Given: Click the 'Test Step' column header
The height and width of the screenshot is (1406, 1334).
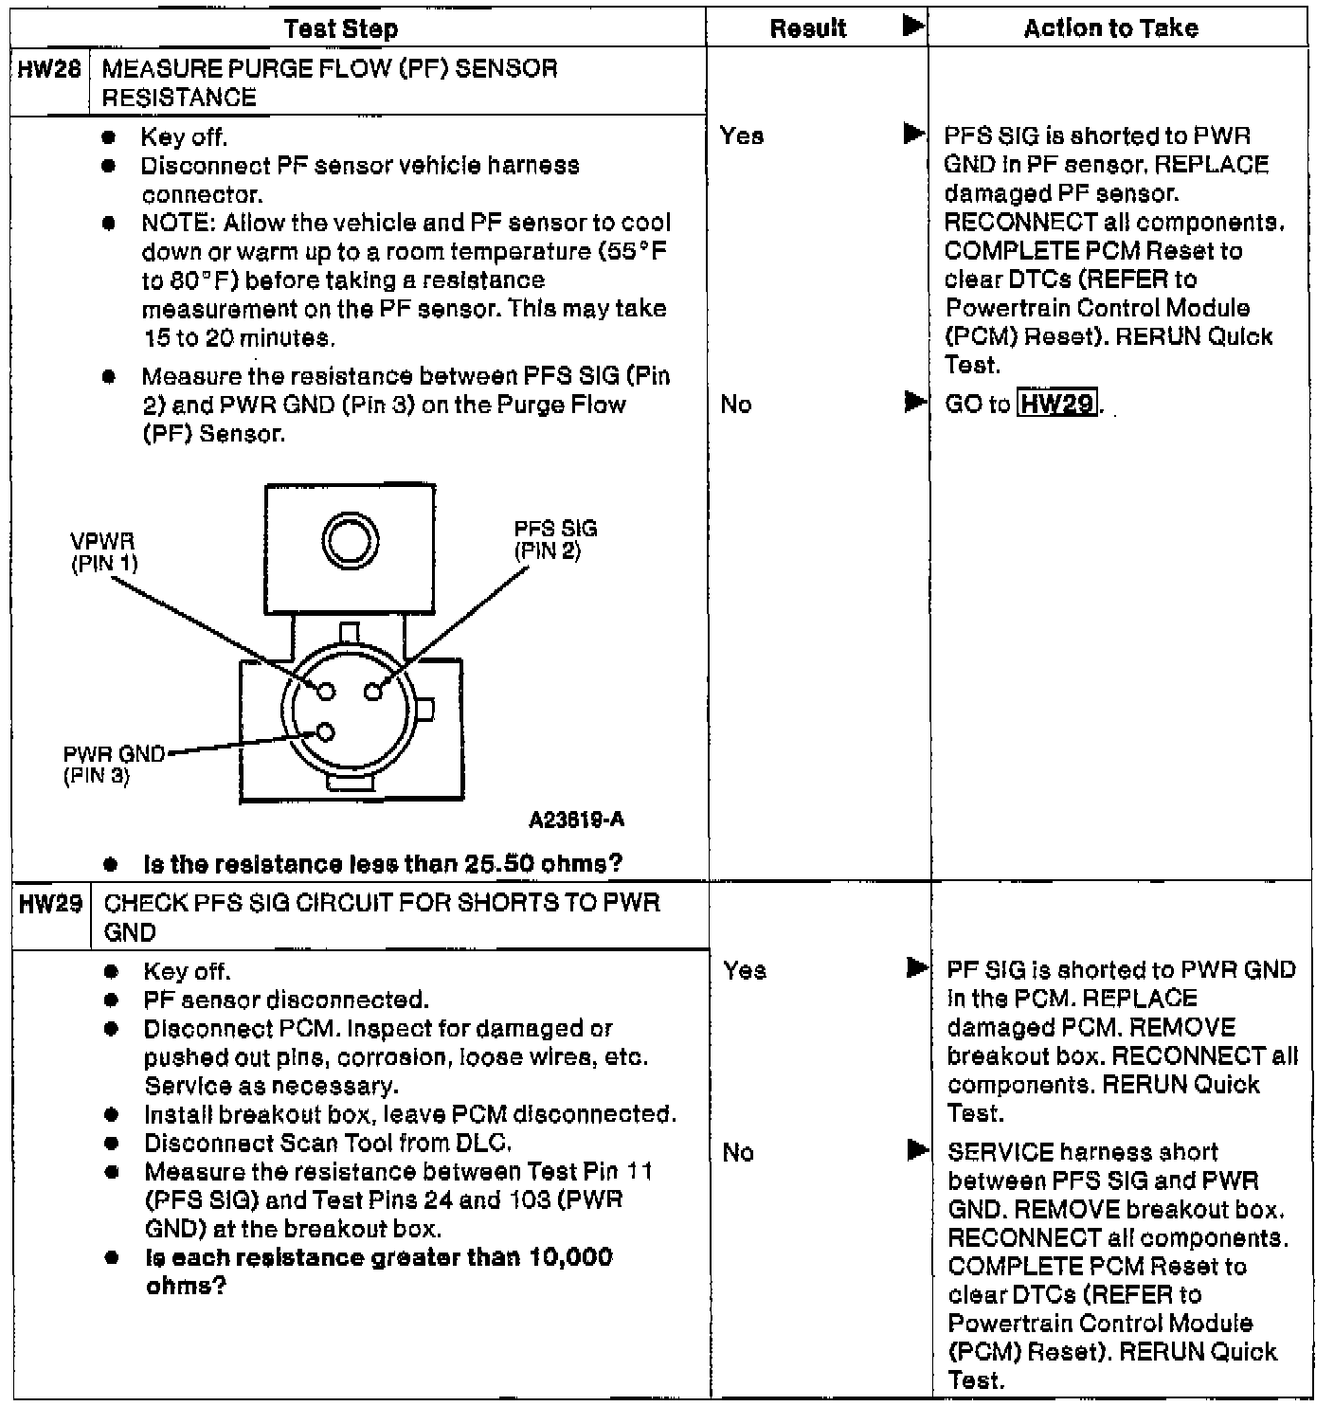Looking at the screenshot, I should (340, 28).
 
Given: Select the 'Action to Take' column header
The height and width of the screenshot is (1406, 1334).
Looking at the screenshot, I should (1110, 28).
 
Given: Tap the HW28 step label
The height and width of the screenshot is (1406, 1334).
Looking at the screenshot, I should (49, 69).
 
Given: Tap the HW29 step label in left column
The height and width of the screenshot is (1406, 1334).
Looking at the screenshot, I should (50, 904).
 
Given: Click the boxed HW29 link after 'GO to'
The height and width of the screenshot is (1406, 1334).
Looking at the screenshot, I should (1057, 405).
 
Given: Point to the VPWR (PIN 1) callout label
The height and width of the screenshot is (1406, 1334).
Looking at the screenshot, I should (103, 552).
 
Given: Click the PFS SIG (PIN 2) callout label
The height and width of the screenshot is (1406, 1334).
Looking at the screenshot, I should (555, 540).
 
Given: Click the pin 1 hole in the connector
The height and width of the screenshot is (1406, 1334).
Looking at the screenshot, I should (326, 692).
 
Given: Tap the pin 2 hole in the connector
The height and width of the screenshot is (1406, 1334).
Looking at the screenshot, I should (374, 692).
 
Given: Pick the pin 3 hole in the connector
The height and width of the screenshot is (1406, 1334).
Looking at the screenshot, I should (326, 732).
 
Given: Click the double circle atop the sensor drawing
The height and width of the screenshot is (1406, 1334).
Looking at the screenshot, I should (351, 541).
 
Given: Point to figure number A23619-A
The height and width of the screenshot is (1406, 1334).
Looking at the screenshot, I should (576, 820).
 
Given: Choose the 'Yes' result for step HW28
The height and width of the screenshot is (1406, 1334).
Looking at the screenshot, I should (741, 136).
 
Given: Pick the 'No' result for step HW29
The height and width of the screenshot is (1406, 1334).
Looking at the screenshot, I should (738, 1153).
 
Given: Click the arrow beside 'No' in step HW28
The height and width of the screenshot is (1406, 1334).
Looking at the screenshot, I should (913, 404).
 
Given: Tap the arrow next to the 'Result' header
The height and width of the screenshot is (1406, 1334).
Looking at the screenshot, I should (912, 27).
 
